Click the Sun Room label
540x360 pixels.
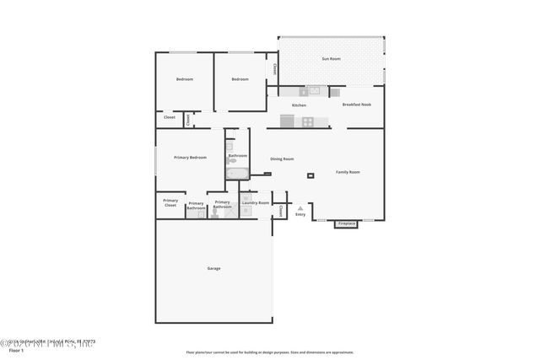pyautogui.click(x=331, y=59)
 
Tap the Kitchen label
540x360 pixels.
pyautogui.click(x=299, y=105)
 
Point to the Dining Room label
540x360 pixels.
pyautogui.click(x=282, y=159)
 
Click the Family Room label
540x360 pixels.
pyautogui.click(x=348, y=172)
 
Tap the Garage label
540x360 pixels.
pyautogui.click(x=213, y=268)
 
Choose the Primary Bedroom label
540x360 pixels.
pyautogui.click(x=190, y=158)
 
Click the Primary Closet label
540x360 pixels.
pyautogui.click(x=170, y=203)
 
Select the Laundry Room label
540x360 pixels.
pyautogui.click(x=255, y=202)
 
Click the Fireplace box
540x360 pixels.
pyautogui.click(x=347, y=224)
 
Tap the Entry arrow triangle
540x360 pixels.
pyautogui.click(x=300, y=207)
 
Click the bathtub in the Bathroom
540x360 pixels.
pyautogui.click(x=237, y=175)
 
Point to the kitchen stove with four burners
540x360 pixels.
pyautogui.click(x=308, y=121)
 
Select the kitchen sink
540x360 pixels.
pyautogui.click(x=314, y=90)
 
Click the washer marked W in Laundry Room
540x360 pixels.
pyautogui.click(x=246, y=197)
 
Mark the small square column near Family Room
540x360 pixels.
pyautogui.click(x=310, y=176)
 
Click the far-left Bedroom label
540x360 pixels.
pyautogui.click(x=184, y=79)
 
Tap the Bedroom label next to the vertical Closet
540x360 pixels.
pyautogui.click(x=240, y=79)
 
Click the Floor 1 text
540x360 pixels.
pyautogui.click(x=15, y=349)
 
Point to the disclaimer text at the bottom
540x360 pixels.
pyautogui.click(x=270, y=352)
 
